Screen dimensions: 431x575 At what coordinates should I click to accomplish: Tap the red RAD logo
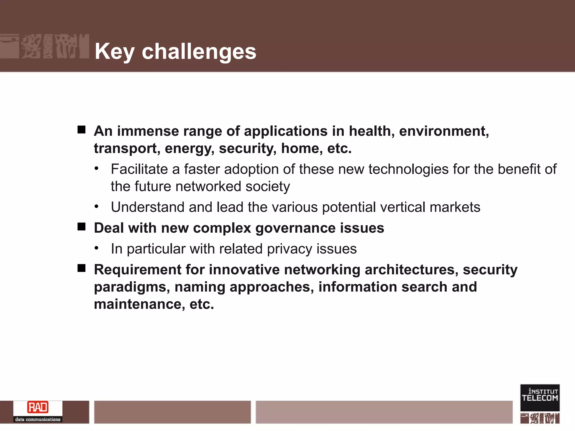[x=38, y=407]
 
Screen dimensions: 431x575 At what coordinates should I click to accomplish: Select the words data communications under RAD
[x=38, y=419]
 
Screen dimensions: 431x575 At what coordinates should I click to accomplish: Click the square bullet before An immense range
[x=81, y=130]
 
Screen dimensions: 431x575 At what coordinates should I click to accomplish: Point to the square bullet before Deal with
[x=81, y=226]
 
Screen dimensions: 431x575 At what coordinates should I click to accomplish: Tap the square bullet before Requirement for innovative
[x=81, y=268]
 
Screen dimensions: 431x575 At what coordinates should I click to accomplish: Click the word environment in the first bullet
[x=444, y=131]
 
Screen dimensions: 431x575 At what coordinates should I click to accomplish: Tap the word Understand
[x=147, y=207]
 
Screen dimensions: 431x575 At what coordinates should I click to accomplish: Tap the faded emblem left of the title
[x=44, y=46]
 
